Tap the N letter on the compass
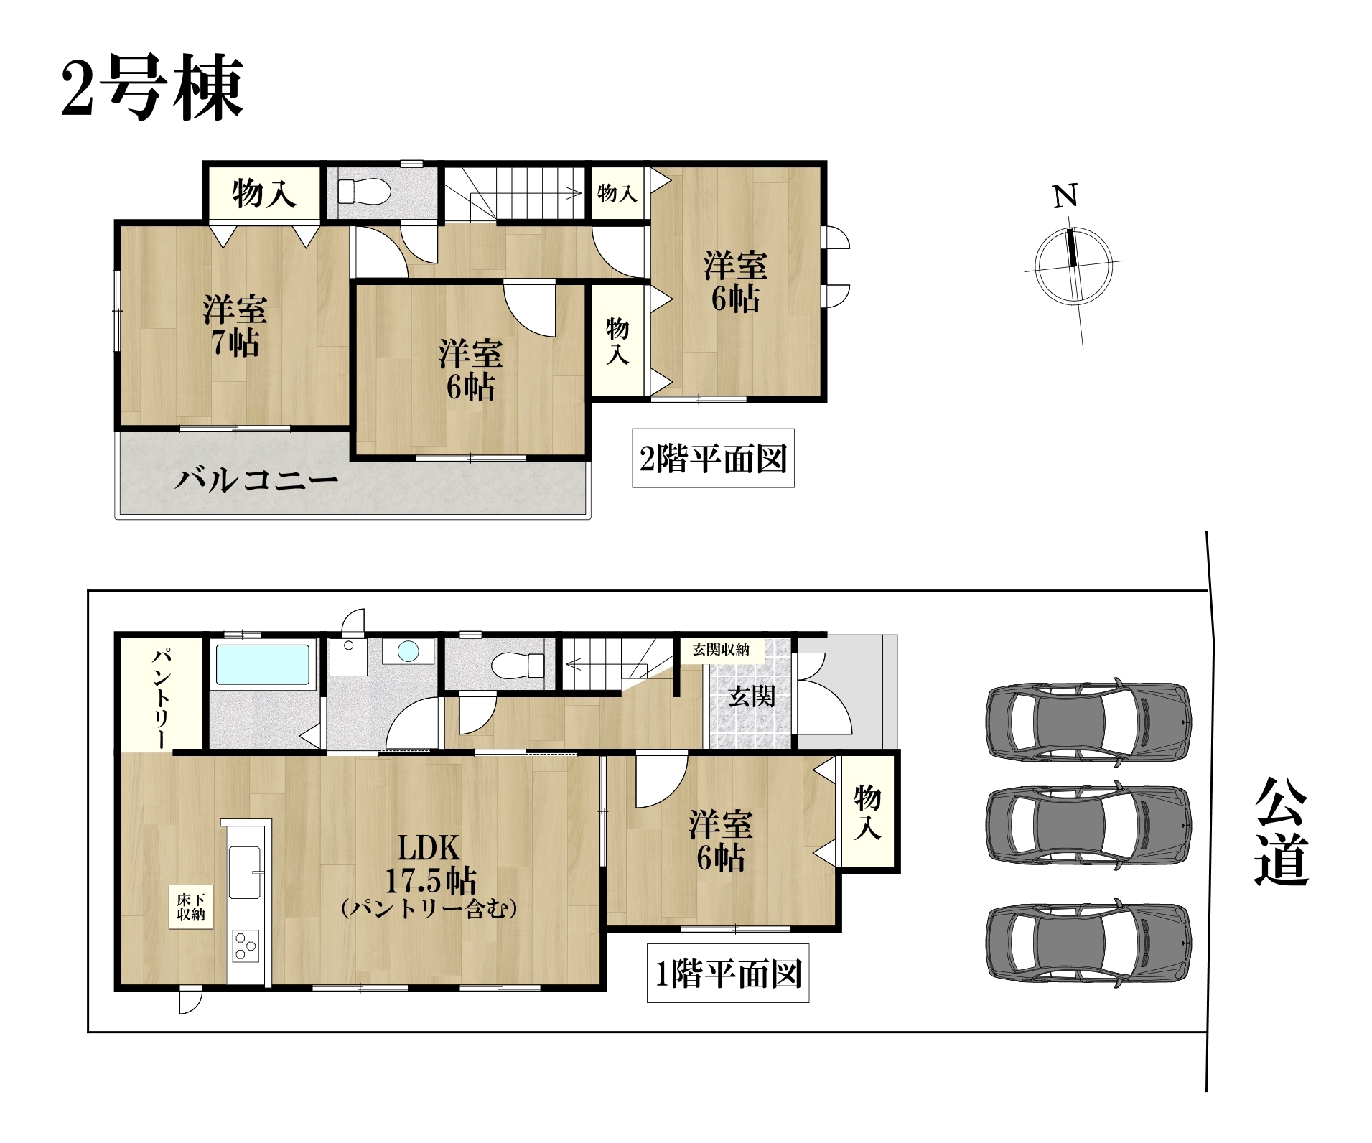[1065, 195]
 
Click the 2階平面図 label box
[713, 458]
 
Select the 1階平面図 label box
[728, 973]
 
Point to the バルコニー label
[256, 479]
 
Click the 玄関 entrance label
[751, 696]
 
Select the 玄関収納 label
[721, 650]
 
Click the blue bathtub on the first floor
[263, 664]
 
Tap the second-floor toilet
[363, 192]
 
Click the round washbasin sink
[408, 651]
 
